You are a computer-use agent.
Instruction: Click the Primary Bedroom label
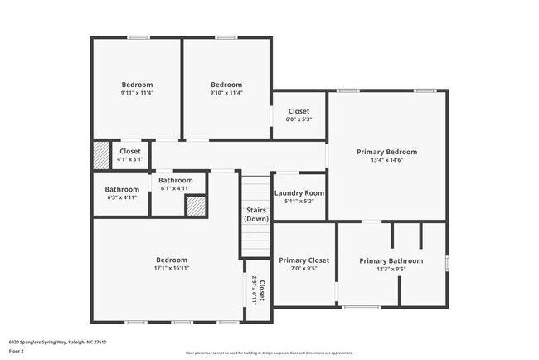[386, 152]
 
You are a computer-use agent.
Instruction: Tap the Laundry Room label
[299, 193]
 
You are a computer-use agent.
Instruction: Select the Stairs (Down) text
[256, 215]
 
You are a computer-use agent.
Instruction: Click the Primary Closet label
[303, 260]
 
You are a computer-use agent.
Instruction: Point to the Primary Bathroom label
[391, 260]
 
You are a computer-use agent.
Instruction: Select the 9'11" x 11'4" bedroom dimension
[137, 93]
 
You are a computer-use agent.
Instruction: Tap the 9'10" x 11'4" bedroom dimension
[226, 93]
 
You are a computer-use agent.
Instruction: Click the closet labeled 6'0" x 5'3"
[299, 115]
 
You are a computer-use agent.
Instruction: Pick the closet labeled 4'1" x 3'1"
[129, 155]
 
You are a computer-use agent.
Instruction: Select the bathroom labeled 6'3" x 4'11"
[120, 193]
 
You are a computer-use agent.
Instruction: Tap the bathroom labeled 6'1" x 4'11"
[175, 184]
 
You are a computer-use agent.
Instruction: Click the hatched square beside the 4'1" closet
[100, 155]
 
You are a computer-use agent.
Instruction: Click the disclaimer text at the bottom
[269, 353]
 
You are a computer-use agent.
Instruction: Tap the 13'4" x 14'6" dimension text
[386, 160]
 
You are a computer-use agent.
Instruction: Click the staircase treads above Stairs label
[256, 187]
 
